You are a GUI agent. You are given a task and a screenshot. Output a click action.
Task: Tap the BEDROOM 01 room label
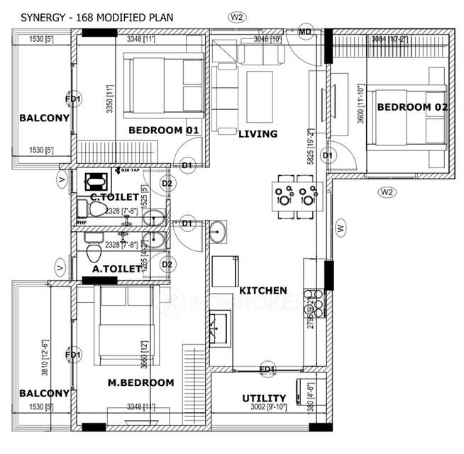point(163,130)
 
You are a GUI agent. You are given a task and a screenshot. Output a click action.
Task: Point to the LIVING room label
point(258,133)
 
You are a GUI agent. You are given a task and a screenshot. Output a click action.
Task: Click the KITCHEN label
point(263,290)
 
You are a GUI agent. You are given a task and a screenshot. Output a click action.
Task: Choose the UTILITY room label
point(264,398)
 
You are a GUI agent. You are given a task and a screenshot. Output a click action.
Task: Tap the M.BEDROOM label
point(140,382)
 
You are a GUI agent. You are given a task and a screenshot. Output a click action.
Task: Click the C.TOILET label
point(115,196)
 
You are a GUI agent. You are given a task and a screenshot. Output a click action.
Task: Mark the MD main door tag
point(305,32)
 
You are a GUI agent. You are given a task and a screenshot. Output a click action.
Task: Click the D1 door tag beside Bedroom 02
point(327,155)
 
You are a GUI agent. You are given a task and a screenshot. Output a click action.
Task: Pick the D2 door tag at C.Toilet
point(167,184)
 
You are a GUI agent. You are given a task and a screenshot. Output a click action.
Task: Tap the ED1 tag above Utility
point(267,369)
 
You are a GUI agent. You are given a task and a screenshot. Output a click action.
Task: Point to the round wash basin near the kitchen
point(219,230)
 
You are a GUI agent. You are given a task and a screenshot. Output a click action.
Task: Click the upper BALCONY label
point(44,118)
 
